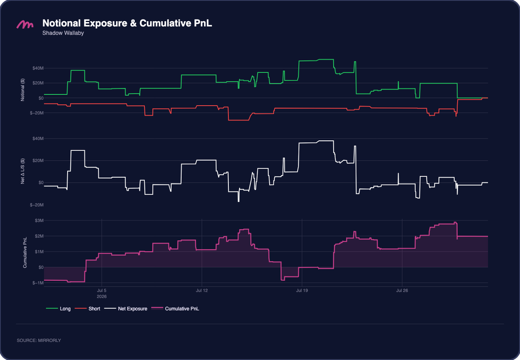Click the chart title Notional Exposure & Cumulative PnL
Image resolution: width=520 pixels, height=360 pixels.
click(127, 23)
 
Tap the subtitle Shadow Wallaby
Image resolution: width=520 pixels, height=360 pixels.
click(63, 33)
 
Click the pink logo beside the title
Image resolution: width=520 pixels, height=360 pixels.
click(25, 24)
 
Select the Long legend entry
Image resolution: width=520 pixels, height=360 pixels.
click(58, 308)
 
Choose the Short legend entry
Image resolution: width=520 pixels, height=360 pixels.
click(88, 308)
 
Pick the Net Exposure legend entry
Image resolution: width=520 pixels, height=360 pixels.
click(126, 308)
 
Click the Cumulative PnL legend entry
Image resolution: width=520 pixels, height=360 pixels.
click(175, 308)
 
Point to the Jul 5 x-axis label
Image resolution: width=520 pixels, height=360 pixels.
click(102, 290)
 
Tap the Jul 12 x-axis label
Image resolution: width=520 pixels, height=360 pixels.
click(202, 290)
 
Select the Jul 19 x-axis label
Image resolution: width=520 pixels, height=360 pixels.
click(302, 290)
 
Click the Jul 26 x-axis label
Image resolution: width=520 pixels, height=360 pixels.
click(402, 290)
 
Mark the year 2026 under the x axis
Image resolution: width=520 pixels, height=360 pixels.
click(102, 296)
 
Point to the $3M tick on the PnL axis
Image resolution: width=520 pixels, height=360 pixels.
click(39, 220)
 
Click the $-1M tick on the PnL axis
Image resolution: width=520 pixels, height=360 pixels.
click(38, 283)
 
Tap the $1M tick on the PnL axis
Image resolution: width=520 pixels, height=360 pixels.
click(39, 252)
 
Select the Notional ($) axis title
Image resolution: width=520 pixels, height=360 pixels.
click(23, 90)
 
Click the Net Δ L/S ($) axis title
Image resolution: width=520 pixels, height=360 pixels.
click(23, 171)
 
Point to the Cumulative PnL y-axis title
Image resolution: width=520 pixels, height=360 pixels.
click(25, 252)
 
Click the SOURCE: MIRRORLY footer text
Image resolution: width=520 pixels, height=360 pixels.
click(39, 340)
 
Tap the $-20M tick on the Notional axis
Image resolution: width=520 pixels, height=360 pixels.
click(37, 113)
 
